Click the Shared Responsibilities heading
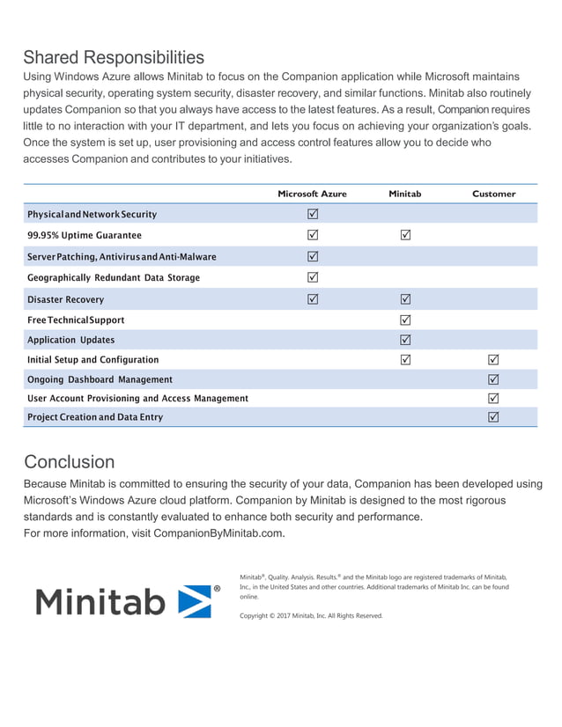point(114,58)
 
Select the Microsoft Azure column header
point(312,194)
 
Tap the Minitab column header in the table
point(404,194)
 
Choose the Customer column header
point(493,194)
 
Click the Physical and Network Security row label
point(92,215)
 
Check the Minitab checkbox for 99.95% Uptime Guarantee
point(405,235)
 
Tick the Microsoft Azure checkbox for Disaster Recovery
point(312,299)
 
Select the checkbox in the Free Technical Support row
point(405,319)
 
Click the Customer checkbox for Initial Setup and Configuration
point(493,359)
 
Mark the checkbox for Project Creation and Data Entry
point(493,416)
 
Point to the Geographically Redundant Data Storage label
point(113,278)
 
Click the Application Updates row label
point(70,340)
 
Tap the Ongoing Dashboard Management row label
point(100,379)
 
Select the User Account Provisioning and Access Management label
point(137,399)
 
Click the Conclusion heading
point(69,462)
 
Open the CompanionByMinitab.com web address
point(218,533)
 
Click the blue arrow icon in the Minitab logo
point(195,601)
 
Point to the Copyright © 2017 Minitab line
point(311,616)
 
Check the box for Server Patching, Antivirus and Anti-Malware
point(312,257)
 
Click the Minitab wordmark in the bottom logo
point(100,602)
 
